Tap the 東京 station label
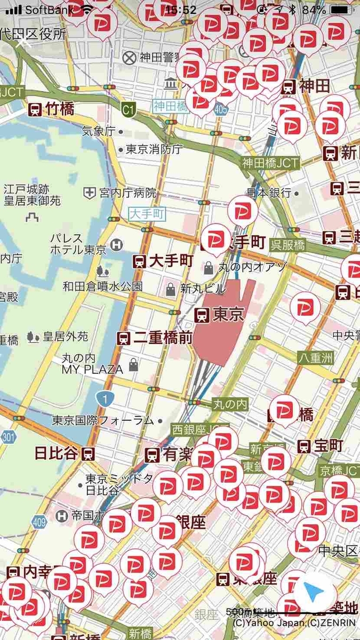tap(220, 315)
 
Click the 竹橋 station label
tap(52, 110)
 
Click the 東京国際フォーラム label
tap(103, 420)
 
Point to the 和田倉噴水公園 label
tap(102, 286)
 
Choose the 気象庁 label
tap(99, 130)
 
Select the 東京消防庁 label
tap(154, 150)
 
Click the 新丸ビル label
tap(203, 289)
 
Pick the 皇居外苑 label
tap(66, 337)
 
